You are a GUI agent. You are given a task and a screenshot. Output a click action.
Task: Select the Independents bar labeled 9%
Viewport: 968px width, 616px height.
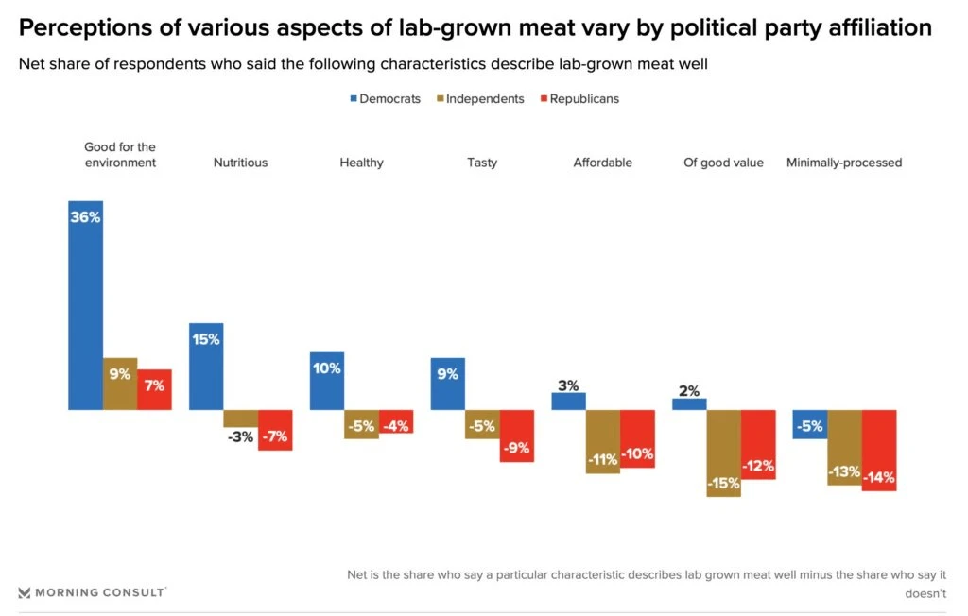click(x=120, y=384)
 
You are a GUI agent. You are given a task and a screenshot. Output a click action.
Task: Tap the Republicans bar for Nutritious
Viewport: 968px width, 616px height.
click(x=275, y=430)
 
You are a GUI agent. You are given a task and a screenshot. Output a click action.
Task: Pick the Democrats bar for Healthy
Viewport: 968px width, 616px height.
click(x=327, y=381)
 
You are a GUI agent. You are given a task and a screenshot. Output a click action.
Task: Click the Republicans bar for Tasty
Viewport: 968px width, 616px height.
click(x=517, y=436)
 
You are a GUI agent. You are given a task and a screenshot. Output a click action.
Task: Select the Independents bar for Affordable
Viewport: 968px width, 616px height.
click(x=603, y=441)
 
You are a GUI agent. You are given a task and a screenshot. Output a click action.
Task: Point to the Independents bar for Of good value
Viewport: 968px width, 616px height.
click(x=723, y=453)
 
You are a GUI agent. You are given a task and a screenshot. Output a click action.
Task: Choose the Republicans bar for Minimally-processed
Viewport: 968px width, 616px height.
click(x=879, y=450)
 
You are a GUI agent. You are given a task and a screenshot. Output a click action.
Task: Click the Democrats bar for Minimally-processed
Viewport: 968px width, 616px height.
click(x=810, y=424)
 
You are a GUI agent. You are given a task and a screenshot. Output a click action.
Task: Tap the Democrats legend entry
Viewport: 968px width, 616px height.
click(x=385, y=98)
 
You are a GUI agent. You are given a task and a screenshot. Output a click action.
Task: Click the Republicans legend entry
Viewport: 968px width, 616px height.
click(x=579, y=98)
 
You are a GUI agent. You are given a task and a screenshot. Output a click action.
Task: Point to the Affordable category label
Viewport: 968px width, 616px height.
click(x=602, y=163)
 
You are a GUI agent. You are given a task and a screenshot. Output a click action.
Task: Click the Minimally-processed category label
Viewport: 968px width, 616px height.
click(x=844, y=163)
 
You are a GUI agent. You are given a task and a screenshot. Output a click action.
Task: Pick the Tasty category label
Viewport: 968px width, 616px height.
click(x=482, y=163)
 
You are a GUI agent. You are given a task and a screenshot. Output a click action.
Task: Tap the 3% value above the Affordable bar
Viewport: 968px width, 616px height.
click(x=568, y=385)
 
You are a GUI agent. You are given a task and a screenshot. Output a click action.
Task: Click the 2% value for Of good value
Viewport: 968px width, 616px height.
click(x=689, y=390)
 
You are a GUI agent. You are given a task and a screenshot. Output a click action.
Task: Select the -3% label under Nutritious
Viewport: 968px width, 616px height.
click(x=240, y=436)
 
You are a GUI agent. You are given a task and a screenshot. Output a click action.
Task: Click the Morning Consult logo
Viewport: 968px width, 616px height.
click(x=92, y=592)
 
